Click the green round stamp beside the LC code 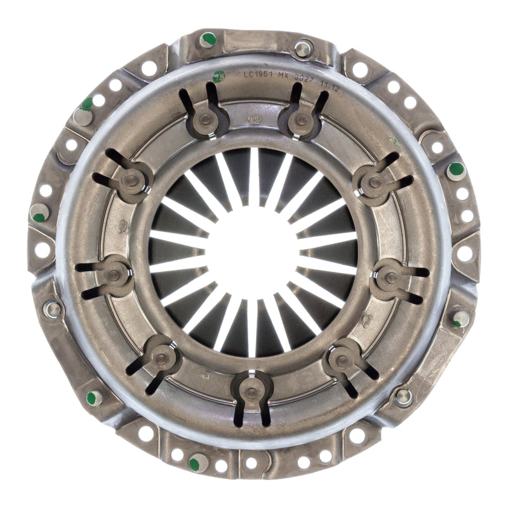click(220, 74)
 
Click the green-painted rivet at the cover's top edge click(208, 40)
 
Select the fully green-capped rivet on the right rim click(455, 170)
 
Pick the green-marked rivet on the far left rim click(39, 213)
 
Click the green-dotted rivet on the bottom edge click(197, 463)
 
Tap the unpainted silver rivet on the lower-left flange click(53, 310)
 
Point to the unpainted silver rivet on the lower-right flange click(403, 396)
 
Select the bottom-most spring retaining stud click(252, 392)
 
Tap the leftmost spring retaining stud click(114, 275)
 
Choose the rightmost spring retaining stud click(392, 277)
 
